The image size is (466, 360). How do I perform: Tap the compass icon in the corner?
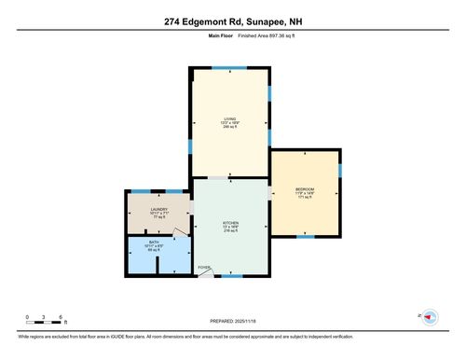(x=430, y=317)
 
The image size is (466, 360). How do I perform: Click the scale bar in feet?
(x=44, y=321)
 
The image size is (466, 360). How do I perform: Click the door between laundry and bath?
(x=180, y=234)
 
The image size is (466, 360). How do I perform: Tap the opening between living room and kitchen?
(x=217, y=177)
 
